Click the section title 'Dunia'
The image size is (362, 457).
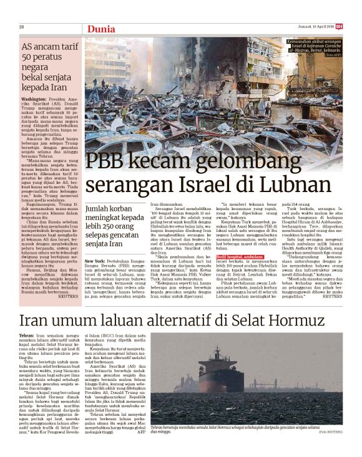pos(100,29)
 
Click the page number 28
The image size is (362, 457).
pos(21,27)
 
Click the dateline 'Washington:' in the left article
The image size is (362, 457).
pos(34,99)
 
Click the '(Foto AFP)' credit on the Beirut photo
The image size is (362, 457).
pos(331,56)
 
